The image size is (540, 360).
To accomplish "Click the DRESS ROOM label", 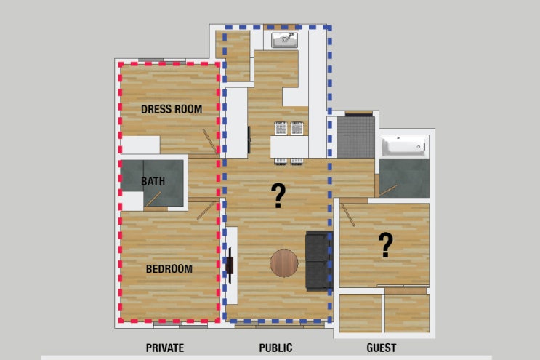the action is (x=172, y=109).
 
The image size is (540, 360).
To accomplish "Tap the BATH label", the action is (x=153, y=181).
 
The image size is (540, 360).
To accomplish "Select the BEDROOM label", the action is (x=169, y=268).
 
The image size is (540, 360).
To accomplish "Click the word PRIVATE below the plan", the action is (x=165, y=348).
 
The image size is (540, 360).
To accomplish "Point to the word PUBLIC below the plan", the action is (x=275, y=348).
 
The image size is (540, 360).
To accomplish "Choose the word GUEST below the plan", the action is (x=382, y=348).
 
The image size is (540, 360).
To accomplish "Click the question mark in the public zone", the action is (x=278, y=196).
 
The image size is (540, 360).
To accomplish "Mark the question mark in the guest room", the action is (x=386, y=245).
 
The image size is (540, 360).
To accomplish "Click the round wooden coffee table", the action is (x=284, y=263).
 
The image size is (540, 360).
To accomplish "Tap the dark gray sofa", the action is (x=319, y=261).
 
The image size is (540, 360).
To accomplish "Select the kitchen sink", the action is (x=284, y=40).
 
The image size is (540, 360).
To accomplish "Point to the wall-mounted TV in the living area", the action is (x=230, y=265).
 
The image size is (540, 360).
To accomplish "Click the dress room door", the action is (x=210, y=141).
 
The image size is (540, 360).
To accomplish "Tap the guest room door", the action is (x=348, y=215).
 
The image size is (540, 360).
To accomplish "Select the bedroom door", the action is (x=205, y=211).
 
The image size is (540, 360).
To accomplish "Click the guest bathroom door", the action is (x=388, y=191).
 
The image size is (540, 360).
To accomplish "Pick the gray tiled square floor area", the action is (x=355, y=137).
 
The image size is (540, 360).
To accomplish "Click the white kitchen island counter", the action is (x=289, y=147).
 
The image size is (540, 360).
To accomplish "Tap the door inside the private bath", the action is (x=153, y=199).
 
